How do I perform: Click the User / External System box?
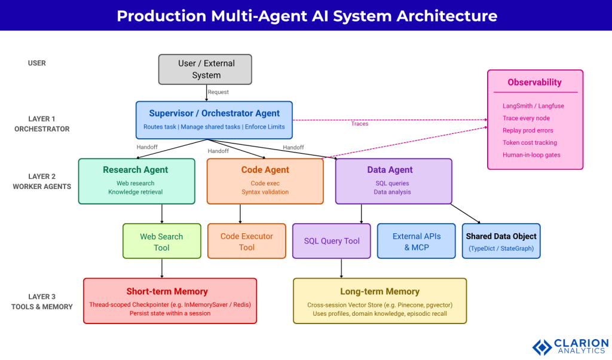[206, 69]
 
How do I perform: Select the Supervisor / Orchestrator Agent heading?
[214, 113]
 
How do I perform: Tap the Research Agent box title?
[136, 170]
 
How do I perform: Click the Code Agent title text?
[265, 170]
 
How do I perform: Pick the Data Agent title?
[390, 170]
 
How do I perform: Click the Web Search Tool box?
[161, 242]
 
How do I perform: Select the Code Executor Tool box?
[246, 242]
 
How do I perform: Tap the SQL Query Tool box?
[332, 241]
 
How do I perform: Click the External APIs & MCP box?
[416, 242]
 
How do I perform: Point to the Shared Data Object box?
[501, 241]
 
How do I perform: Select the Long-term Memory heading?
[380, 292]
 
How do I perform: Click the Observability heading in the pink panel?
[534, 83]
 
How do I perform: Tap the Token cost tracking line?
[530, 143]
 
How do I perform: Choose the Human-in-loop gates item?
[531, 155]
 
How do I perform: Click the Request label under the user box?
[218, 92]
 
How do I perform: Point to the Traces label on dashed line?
[360, 124]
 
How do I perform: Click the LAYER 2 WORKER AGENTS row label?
[42, 181]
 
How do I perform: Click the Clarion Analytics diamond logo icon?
[542, 347]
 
